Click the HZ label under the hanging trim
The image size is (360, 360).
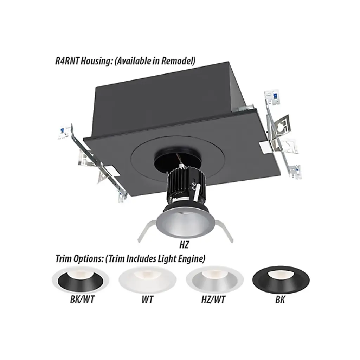coord(184,245)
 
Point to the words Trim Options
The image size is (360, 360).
coord(79,259)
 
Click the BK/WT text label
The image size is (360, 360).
coord(82,300)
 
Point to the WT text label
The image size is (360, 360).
coord(147,300)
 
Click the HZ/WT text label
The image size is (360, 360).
coord(213,300)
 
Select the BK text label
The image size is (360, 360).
coord(280,300)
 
